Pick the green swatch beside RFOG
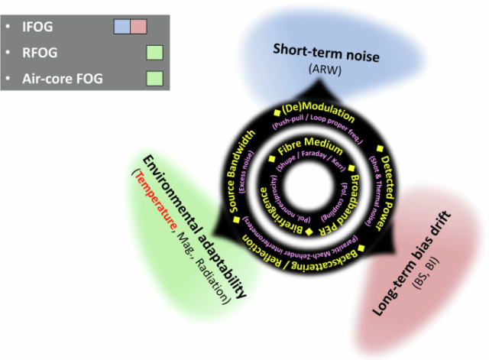pos(155,53)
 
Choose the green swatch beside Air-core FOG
pos(155,78)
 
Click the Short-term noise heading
pos(326,54)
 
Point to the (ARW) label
pos(326,69)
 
